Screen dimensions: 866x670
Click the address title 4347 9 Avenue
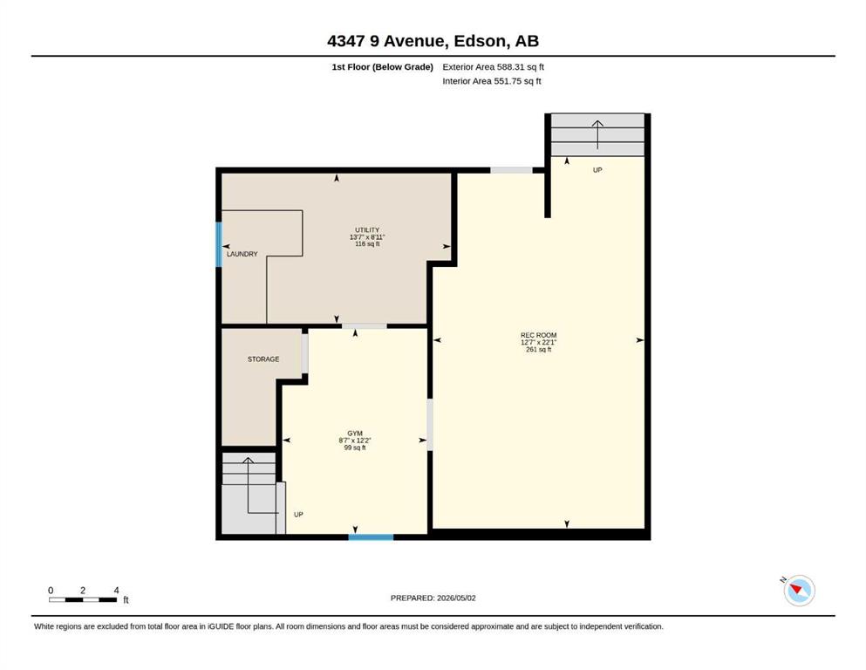(386, 41)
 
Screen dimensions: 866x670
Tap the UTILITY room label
(367, 229)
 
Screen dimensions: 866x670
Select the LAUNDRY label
(242, 254)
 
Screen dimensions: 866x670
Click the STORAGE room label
(263, 359)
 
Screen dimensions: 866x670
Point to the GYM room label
(355, 434)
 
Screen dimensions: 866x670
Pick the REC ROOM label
(538, 335)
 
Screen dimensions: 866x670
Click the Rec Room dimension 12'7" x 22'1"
(538, 343)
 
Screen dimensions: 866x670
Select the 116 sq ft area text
(367, 243)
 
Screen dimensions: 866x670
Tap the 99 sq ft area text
(355, 448)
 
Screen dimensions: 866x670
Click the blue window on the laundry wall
(219, 244)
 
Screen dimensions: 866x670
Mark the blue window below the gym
(372, 537)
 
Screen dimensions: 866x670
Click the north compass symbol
(799, 590)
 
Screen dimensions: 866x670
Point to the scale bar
(83, 599)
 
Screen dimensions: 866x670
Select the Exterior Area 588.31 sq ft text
(494, 67)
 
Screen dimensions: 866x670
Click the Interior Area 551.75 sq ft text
(492, 81)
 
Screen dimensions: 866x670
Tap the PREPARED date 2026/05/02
(456, 598)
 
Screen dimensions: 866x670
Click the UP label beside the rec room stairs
(597, 170)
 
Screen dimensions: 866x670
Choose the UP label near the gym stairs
(298, 514)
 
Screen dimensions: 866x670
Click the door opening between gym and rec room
(430, 425)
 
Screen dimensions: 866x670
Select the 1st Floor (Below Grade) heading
(382, 67)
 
